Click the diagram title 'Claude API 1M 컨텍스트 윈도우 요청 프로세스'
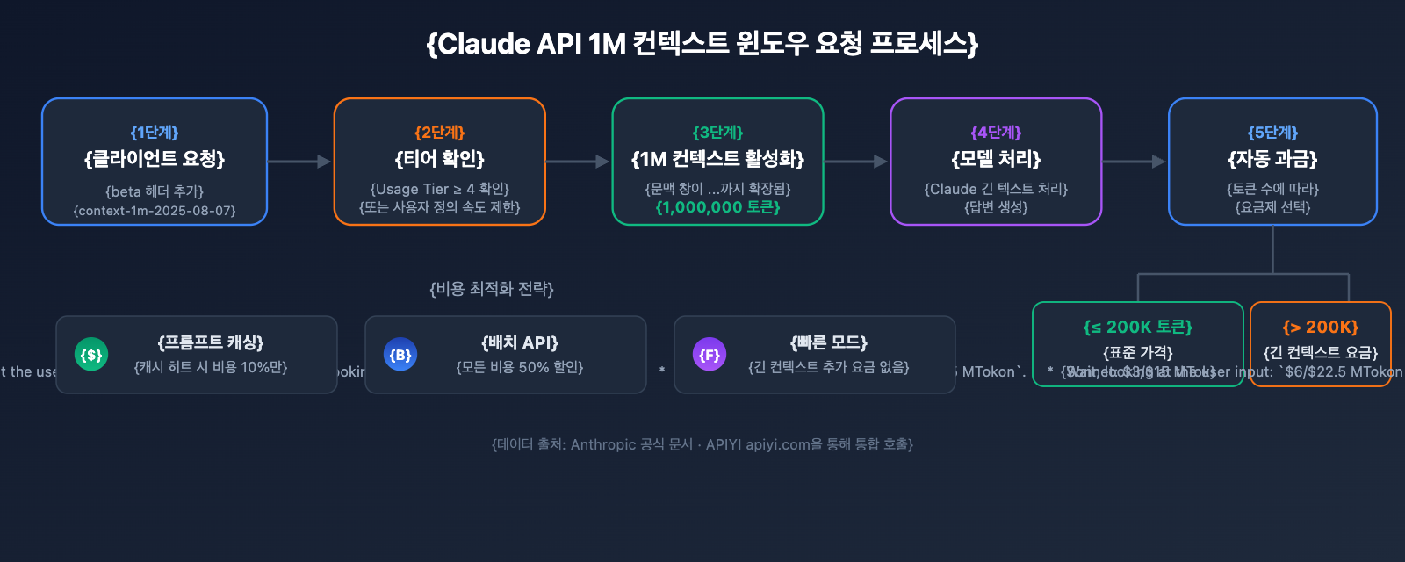[x=702, y=43]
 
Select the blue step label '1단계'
[x=155, y=133]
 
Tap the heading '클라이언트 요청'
[x=155, y=159]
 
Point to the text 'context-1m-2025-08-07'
[x=155, y=211]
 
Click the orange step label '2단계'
[x=440, y=133]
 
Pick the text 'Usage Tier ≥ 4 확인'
[x=440, y=189]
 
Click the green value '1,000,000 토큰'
[x=717, y=207]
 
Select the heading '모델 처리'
[x=996, y=159]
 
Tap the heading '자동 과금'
[x=1272, y=159]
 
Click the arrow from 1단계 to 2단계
[x=299, y=162]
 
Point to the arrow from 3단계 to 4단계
[x=856, y=162]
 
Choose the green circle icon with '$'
[x=91, y=355]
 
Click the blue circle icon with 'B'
[x=400, y=355]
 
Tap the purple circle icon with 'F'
[x=710, y=355]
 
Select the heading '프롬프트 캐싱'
[x=211, y=342]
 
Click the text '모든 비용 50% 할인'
[x=520, y=367]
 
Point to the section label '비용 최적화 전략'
[x=492, y=289]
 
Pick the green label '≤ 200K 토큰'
[x=1138, y=328]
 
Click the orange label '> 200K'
[x=1321, y=328]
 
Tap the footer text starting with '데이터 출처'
[x=702, y=444]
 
